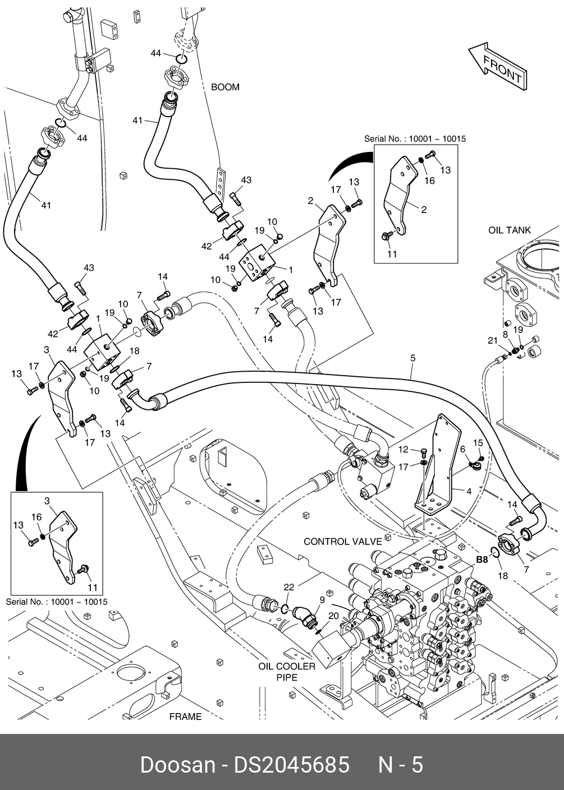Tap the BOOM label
(225, 87)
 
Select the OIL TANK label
(509, 230)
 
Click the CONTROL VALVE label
(342, 541)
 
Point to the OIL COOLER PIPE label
(287, 672)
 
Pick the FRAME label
(185, 717)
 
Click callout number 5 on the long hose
(412, 357)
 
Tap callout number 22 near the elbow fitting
(288, 587)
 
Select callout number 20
(333, 615)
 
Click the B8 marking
(482, 559)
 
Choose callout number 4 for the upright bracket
(468, 492)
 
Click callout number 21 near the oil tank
(492, 340)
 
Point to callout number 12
(403, 449)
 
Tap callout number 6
(462, 449)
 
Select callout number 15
(478, 443)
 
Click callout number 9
(322, 599)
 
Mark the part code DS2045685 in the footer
(292, 765)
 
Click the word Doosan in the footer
(177, 765)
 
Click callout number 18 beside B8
(503, 575)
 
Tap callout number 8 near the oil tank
(505, 334)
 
